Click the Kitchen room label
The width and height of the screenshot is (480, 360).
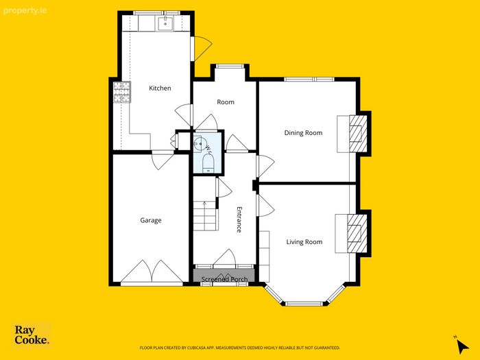160,88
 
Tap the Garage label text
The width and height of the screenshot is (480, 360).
151,220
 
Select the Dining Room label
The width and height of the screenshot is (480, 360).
303,133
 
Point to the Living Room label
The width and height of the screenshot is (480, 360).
304,242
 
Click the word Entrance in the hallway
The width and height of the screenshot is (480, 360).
239,219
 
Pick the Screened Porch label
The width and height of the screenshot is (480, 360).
224,279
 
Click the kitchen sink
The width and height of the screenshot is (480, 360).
165,23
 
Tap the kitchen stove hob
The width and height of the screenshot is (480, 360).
122,92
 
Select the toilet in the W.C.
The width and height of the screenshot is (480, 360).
208,163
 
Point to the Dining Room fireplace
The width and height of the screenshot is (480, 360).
358,134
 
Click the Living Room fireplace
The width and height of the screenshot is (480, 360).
357,233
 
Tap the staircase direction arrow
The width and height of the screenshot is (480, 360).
205,204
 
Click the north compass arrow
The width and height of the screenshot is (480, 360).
461,346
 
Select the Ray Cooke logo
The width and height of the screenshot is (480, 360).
32,335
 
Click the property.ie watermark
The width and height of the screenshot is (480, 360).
25,11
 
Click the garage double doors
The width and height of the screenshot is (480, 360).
152,272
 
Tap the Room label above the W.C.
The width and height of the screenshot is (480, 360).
226,102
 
